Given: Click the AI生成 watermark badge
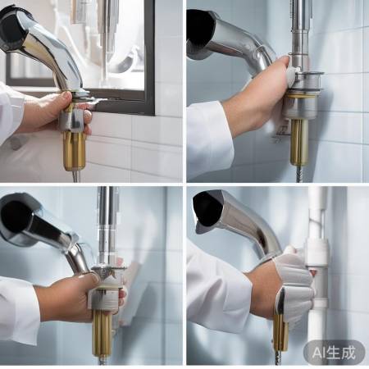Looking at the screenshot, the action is pos(334,353).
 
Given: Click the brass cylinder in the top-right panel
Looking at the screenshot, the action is pos(299,142).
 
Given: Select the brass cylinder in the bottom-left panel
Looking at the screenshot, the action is pos(102,333).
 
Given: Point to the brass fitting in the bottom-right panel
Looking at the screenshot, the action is pos(280,332).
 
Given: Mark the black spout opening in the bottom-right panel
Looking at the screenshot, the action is pos(207,209).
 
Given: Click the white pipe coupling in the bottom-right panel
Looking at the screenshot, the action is pos(317,253).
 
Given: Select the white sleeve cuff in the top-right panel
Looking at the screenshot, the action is pos(209,139).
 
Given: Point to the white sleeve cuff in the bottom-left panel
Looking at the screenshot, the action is pos(19,309).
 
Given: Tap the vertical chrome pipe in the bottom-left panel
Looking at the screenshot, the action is pos(106,227).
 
